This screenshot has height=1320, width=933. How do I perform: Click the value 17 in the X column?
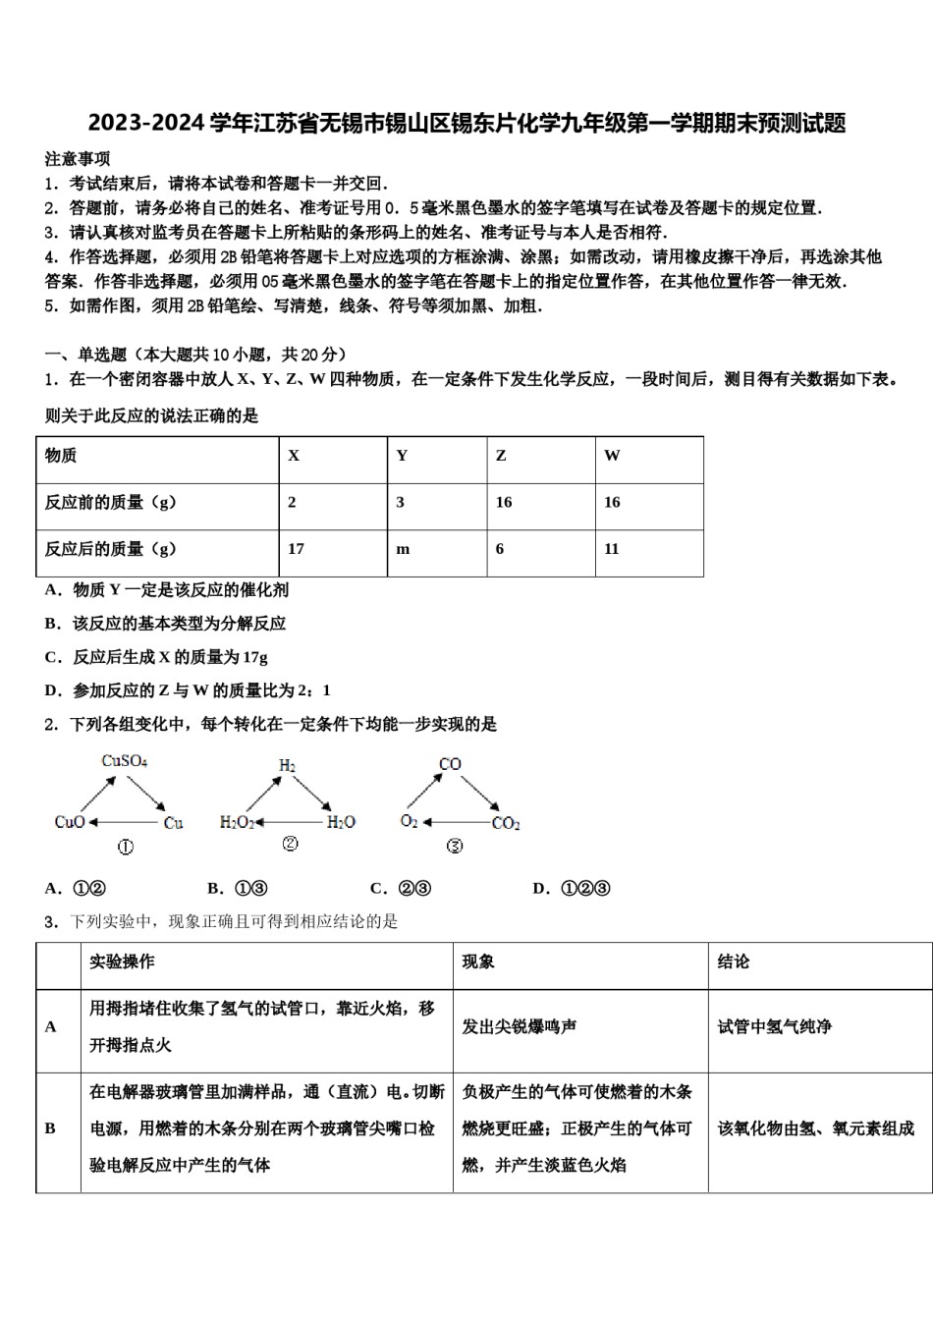(296, 549)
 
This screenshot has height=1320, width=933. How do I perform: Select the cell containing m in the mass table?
(403, 549)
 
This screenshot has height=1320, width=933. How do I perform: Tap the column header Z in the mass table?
(501, 456)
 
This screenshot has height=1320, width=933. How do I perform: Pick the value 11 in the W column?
(612, 549)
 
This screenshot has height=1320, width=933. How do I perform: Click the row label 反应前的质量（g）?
(110, 503)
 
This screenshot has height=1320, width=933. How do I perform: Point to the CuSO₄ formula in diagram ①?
(125, 761)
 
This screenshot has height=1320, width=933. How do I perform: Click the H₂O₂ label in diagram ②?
(237, 822)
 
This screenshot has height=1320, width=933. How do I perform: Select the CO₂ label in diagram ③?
(506, 823)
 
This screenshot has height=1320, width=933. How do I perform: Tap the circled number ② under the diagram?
(290, 844)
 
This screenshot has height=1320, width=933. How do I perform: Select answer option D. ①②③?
(572, 889)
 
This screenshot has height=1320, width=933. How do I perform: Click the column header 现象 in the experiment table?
(478, 962)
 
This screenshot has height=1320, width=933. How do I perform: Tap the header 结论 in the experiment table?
(733, 962)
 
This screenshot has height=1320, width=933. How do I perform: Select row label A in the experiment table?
(51, 1026)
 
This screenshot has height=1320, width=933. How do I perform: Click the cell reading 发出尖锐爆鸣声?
(520, 1026)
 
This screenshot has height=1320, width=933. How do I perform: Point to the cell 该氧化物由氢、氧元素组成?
(815, 1128)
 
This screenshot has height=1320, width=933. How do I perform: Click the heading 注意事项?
(78, 159)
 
